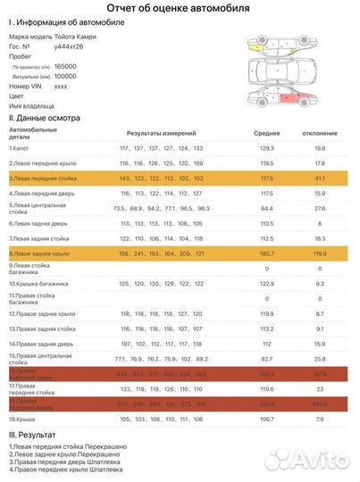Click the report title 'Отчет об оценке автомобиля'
tap(180, 8)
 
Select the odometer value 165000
tap(65, 66)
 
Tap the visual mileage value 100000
tap(65, 77)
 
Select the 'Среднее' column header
tap(266, 131)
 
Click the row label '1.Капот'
tap(21, 147)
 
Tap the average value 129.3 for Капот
tap(266, 147)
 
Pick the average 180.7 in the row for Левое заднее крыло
tap(266, 254)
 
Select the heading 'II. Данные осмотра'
tap(44, 117)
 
